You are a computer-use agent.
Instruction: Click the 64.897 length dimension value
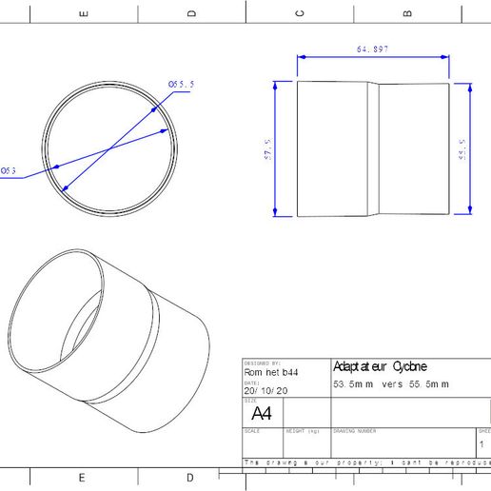coord(373,49)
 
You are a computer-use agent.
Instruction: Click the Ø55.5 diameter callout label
coord(182,85)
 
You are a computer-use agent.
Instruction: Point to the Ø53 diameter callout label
coord(8,171)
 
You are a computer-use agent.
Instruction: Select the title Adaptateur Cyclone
coord(380,366)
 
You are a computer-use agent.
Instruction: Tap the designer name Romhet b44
coord(271,373)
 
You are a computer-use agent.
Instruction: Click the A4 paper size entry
coord(261,414)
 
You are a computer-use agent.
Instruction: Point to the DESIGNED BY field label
coord(262,363)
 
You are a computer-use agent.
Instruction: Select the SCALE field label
coord(252,431)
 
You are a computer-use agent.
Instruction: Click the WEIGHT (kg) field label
coord(303,431)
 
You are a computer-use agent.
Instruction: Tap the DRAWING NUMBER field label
coord(354,431)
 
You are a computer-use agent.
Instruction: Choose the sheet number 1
coord(481,444)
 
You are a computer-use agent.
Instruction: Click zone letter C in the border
coord(300,12)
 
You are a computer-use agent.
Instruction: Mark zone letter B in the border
coord(407,12)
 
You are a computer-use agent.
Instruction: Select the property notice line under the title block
coord(366,462)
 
